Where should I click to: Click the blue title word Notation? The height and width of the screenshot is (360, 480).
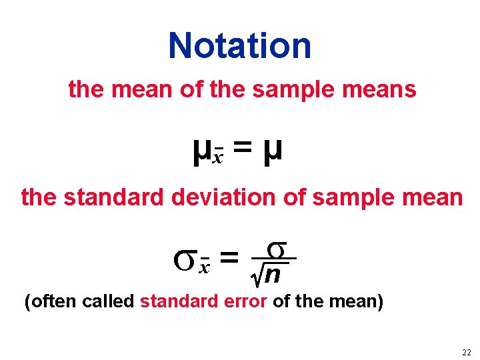pyautogui.click(x=240, y=45)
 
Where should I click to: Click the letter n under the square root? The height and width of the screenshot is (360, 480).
pyautogui.click(x=273, y=275)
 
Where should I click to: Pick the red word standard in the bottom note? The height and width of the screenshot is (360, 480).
pyautogui.click(x=177, y=302)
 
